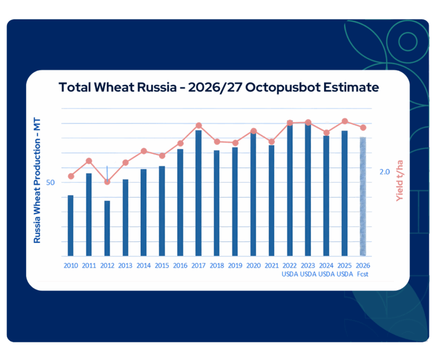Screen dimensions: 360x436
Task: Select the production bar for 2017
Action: coord(199,193)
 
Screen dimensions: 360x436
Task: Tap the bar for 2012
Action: coord(107,228)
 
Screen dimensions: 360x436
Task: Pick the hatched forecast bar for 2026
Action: coord(363,196)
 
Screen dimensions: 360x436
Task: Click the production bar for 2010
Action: coord(71,225)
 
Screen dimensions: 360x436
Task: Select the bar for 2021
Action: coord(271,200)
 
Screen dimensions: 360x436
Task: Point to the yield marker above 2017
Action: coord(199,125)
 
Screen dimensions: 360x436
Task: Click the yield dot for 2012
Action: coord(107,182)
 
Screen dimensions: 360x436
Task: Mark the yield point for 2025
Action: coord(345,121)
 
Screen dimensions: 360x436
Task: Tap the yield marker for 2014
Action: coord(144,151)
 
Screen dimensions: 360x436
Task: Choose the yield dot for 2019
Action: coord(235,143)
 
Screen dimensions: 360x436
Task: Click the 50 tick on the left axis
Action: coord(51,182)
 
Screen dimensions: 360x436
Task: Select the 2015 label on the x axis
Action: coord(162,266)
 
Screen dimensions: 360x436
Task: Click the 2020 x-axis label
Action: coord(253,266)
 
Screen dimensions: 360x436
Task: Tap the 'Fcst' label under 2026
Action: coord(363,275)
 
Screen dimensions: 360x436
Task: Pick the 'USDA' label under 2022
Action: coord(290,275)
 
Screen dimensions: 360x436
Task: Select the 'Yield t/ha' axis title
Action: coord(400,181)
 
